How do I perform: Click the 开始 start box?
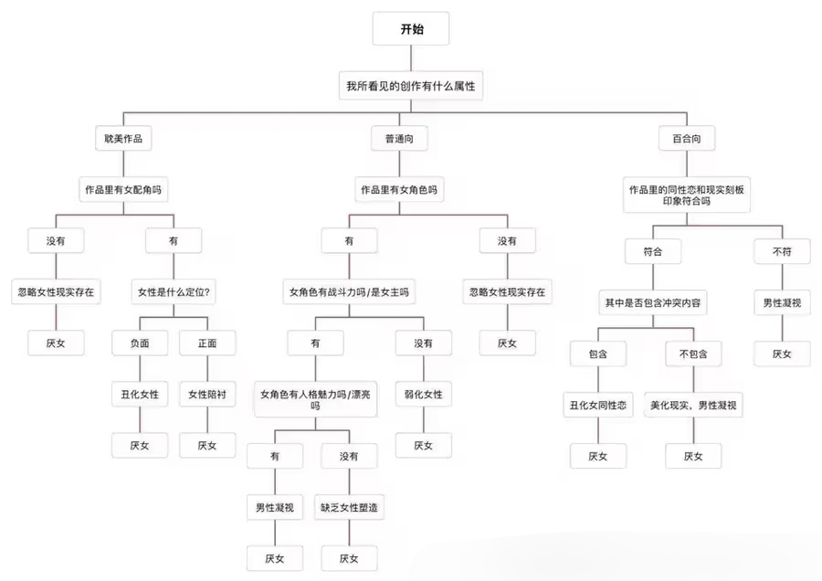pos(411,29)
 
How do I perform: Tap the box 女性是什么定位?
pos(174,292)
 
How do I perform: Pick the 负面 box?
pos(139,343)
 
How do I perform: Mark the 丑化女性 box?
pos(139,395)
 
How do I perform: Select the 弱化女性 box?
pos(423,395)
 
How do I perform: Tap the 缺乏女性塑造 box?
pos(349,507)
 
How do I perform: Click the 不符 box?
pos(782,250)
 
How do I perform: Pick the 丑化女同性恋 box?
pos(597,404)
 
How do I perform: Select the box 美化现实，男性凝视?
pos(693,404)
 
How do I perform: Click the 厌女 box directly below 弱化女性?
pos(423,445)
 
